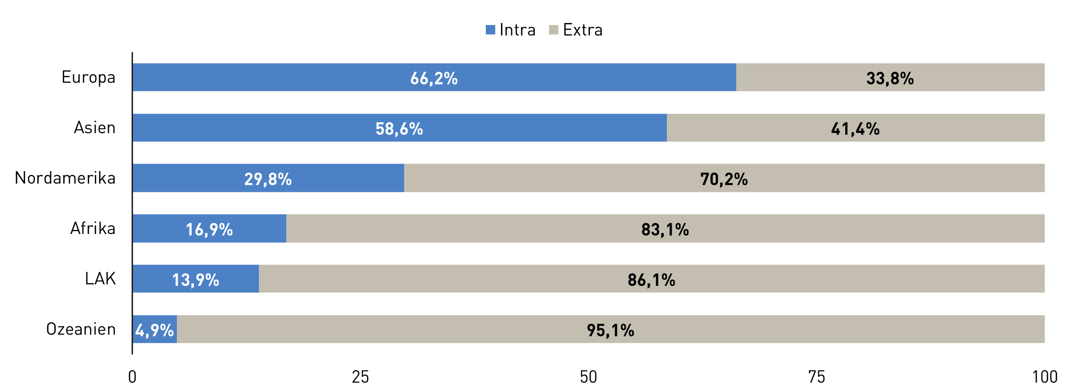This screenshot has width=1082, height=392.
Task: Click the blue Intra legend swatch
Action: click(491, 30)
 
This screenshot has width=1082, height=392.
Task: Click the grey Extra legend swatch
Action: click(554, 30)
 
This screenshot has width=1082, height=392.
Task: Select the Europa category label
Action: click(88, 77)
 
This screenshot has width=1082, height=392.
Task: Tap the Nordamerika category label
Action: click(65, 178)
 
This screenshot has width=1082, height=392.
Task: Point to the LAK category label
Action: click(100, 279)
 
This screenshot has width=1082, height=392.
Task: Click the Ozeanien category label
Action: click(81, 329)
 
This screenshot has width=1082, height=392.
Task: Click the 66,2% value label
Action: click(433, 78)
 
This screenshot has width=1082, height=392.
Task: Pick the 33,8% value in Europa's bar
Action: click(890, 78)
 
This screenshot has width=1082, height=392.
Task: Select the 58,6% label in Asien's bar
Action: click(399, 129)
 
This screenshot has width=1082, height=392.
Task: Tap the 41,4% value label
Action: click(855, 129)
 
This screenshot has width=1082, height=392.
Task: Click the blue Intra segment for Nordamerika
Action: click(268, 178)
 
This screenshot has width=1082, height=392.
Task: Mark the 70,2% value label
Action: click(724, 179)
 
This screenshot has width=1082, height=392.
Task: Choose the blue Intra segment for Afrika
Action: click(209, 229)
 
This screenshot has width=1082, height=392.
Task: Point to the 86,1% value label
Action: click(651, 280)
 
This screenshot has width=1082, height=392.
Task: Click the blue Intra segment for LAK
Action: click(195, 279)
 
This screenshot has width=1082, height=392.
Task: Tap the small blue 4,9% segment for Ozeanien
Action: click(155, 329)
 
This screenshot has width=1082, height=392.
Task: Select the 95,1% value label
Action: click(610, 330)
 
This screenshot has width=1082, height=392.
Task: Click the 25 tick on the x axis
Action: click(360, 377)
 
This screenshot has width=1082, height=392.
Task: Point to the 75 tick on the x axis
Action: click(816, 377)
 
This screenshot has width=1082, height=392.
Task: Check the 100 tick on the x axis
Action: click(1044, 377)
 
